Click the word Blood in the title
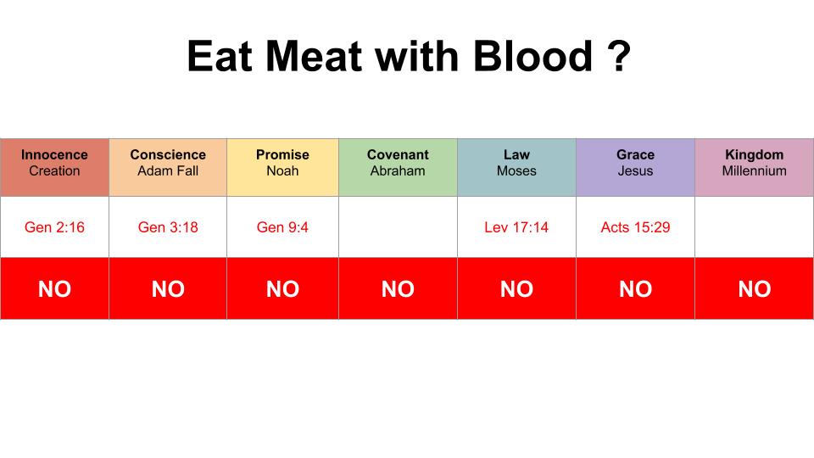[532, 56]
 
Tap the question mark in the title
[618, 56]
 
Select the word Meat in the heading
[314, 56]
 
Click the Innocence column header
[54, 154]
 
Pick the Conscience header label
[168, 154]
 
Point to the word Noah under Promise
[282, 170]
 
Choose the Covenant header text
[398, 154]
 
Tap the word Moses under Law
[516, 170]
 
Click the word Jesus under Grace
[635, 170]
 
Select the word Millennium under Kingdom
[755, 170]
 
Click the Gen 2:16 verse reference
[54, 227]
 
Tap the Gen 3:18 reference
[168, 227]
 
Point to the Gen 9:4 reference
[282, 227]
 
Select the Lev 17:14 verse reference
[516, 227]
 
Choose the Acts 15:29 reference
[635, 227]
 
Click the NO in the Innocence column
[54, 288]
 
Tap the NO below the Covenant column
[398, 288]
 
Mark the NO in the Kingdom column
[755, 288]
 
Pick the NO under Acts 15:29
[635, 288]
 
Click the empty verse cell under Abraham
[398, 227]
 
